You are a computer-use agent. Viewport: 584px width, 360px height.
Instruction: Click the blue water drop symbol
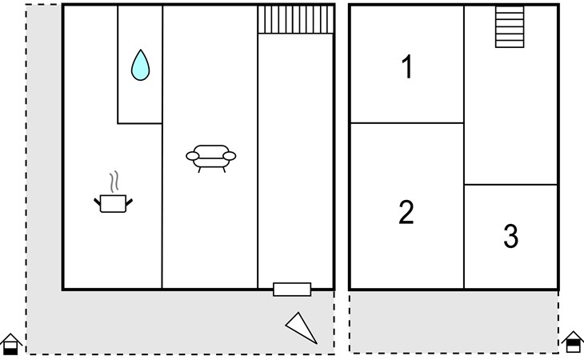click(x=141, y=66)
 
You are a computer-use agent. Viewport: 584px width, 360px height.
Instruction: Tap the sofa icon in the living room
click(x=211, y=158)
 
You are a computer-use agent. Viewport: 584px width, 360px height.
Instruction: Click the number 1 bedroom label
click(x=407, y=66)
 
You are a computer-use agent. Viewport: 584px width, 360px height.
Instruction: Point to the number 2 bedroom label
click(x=406, y=212)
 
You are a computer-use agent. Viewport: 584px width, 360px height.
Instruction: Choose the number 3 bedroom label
click(x=510, y=236)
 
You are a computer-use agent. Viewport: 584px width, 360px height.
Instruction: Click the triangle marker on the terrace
click(x=302, y=328)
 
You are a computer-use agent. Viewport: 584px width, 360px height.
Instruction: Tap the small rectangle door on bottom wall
click(x=292, y=290)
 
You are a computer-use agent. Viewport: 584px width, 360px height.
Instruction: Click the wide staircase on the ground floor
click(x=295, y=19)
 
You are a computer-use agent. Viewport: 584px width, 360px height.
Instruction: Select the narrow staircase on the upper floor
click(x=510, y=26)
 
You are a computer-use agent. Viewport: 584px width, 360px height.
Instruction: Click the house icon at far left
click(x=10, y=344)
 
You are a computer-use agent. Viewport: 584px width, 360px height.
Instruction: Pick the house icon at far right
click(x=573, y=342)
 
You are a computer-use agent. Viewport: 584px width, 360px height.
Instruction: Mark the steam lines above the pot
click(x=114, y=182)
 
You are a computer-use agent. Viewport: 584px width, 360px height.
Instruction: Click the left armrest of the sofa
click(x=193, y=156)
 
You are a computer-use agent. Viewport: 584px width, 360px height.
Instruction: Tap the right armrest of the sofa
click(x=230, y=156)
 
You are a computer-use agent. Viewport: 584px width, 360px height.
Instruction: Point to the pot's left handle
click(x=98, y=202)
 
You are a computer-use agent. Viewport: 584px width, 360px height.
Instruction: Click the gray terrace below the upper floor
click(x=454, y=322)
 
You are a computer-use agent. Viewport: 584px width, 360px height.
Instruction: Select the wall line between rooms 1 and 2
click(x=407, y=123)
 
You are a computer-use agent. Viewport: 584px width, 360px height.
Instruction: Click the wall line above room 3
click(x=510, y=184)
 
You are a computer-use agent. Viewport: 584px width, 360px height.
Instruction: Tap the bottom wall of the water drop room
click(x=140, y=123)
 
